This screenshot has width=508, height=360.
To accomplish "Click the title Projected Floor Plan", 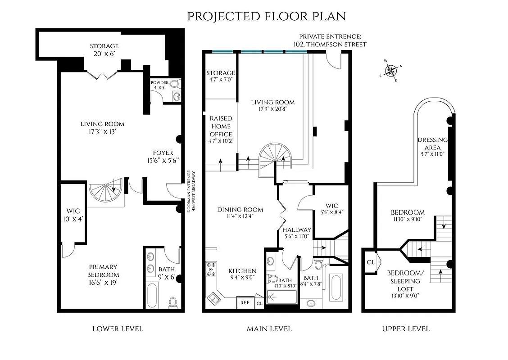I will pyautogui.click(x=267, y=16).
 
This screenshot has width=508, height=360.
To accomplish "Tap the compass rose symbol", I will pyautogui.click(x=390, y=70).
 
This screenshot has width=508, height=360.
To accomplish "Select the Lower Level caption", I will pyautogui.click(x=118, y=328).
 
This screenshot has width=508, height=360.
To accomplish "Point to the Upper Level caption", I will pyautogui.click(x=406, y=328).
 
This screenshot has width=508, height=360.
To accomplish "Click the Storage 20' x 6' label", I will pyautogui.click(x=104, y=49).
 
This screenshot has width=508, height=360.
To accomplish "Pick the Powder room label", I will pyautogui.click(x=159, y=85).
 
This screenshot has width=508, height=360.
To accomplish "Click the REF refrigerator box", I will pyautogui.click(x=245, y=303).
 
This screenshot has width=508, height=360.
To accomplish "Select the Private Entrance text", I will pyautogui.click(x=333, y=40).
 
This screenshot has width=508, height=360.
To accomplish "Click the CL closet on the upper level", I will pyautogui.click(x=371, y=262).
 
